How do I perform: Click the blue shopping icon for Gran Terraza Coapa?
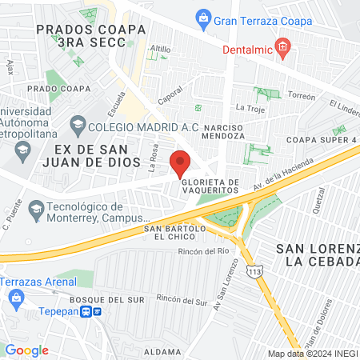point(203,17)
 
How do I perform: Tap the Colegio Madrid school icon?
point(78,124)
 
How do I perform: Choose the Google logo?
point(26,350)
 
